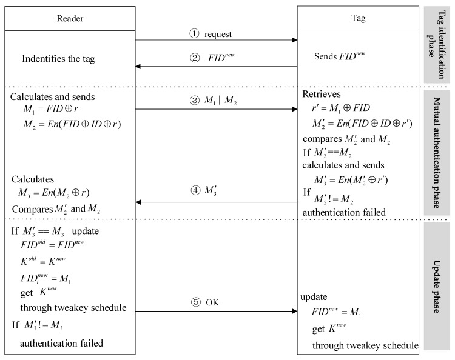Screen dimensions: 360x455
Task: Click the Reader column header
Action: click(70, 18)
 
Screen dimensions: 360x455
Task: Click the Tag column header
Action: click(357, 18)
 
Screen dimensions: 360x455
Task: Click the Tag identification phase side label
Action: click(436, 44)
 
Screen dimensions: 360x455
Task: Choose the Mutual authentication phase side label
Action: click(436, 152)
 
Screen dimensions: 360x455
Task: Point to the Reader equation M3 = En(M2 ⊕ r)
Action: click(59, 193)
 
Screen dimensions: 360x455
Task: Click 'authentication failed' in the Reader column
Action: click(62, 343)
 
